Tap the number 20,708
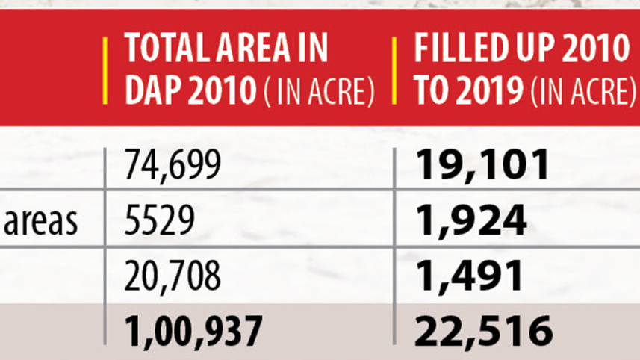coord(173,276)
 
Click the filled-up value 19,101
coord(482,166)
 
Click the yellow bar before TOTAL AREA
coord(105,71)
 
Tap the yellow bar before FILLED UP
coord(394,71)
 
